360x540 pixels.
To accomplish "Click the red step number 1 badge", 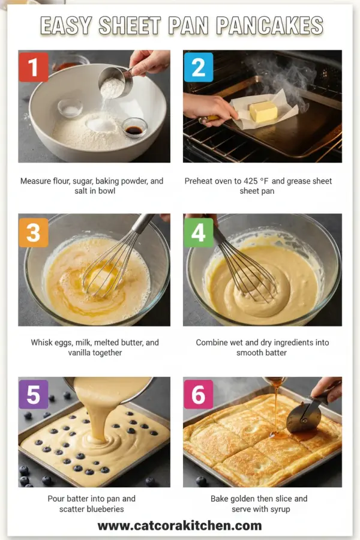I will click(34, 66).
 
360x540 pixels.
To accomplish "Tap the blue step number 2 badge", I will click(199, 66).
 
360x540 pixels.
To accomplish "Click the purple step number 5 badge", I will click(34, 394).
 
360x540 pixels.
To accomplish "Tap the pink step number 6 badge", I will click(199, 394).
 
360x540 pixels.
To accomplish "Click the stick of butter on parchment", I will click(263, 111).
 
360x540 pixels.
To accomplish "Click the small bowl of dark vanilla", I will click(134, 127).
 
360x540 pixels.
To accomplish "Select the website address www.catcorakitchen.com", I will click(179, 526).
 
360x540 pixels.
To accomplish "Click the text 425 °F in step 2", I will click(259, 181).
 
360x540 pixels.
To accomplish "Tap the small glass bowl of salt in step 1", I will click(70, 108).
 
